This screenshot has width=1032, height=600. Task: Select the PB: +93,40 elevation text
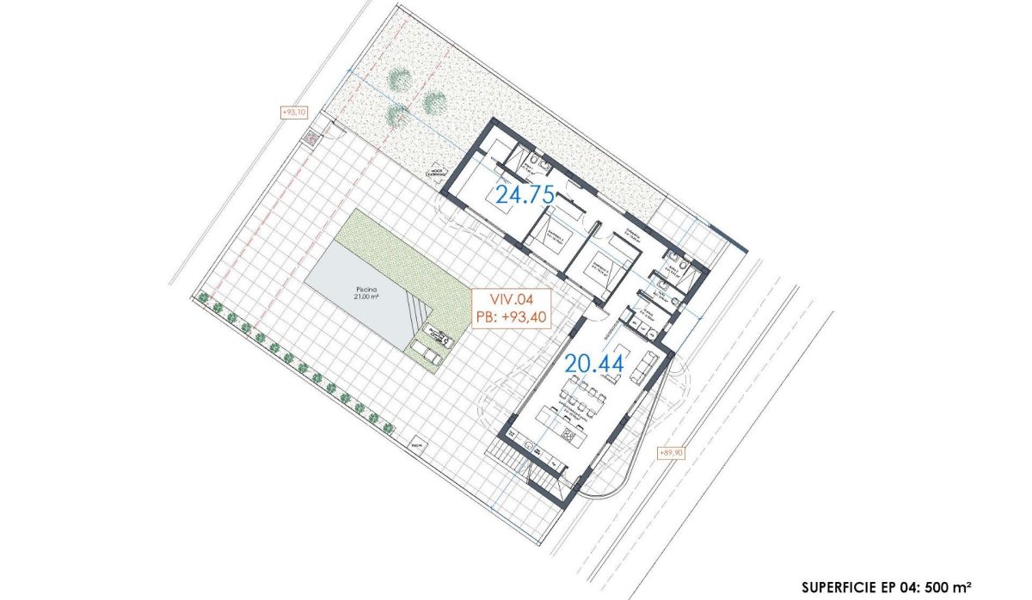[x=510, y=315]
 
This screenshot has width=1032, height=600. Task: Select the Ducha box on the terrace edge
[x=417, y=446]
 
